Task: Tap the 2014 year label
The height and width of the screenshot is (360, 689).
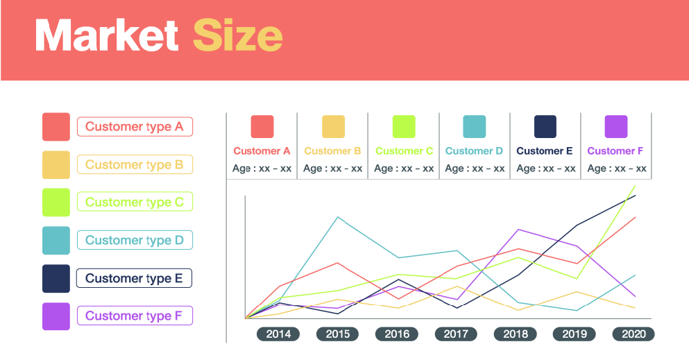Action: click(x=278, y=334)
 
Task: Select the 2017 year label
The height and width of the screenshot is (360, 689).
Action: click(x=456, y=334)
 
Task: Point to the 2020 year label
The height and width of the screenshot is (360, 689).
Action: click(x=633, y=334)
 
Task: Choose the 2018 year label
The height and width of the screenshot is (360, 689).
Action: click(x=515, y=334)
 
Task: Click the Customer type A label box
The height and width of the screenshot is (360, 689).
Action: click(x=135, y=127)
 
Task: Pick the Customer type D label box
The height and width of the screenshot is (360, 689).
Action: click(x=135, y=241)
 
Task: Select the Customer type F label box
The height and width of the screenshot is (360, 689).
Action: click(x=135, y=316)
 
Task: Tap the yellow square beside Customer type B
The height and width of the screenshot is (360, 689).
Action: click(x=56, y=165)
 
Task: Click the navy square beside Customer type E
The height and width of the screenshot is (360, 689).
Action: click(x=56, y=278)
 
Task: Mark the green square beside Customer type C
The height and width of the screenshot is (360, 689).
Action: click(x=56, y=203)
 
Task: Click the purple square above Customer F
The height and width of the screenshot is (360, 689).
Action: click(x=616, y=127)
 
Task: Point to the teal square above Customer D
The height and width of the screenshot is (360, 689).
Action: click(x=475, y=127)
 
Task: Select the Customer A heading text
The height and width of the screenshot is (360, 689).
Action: click(x=262, y=151)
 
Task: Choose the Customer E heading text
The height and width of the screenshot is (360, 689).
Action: click(x=545, y=151)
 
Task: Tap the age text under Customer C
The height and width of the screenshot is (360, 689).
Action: click(x=404, y=169)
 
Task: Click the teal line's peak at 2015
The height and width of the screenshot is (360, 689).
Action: click(x=338, y=217)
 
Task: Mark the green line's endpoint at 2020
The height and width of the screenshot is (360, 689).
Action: click(x=635, y=186)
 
